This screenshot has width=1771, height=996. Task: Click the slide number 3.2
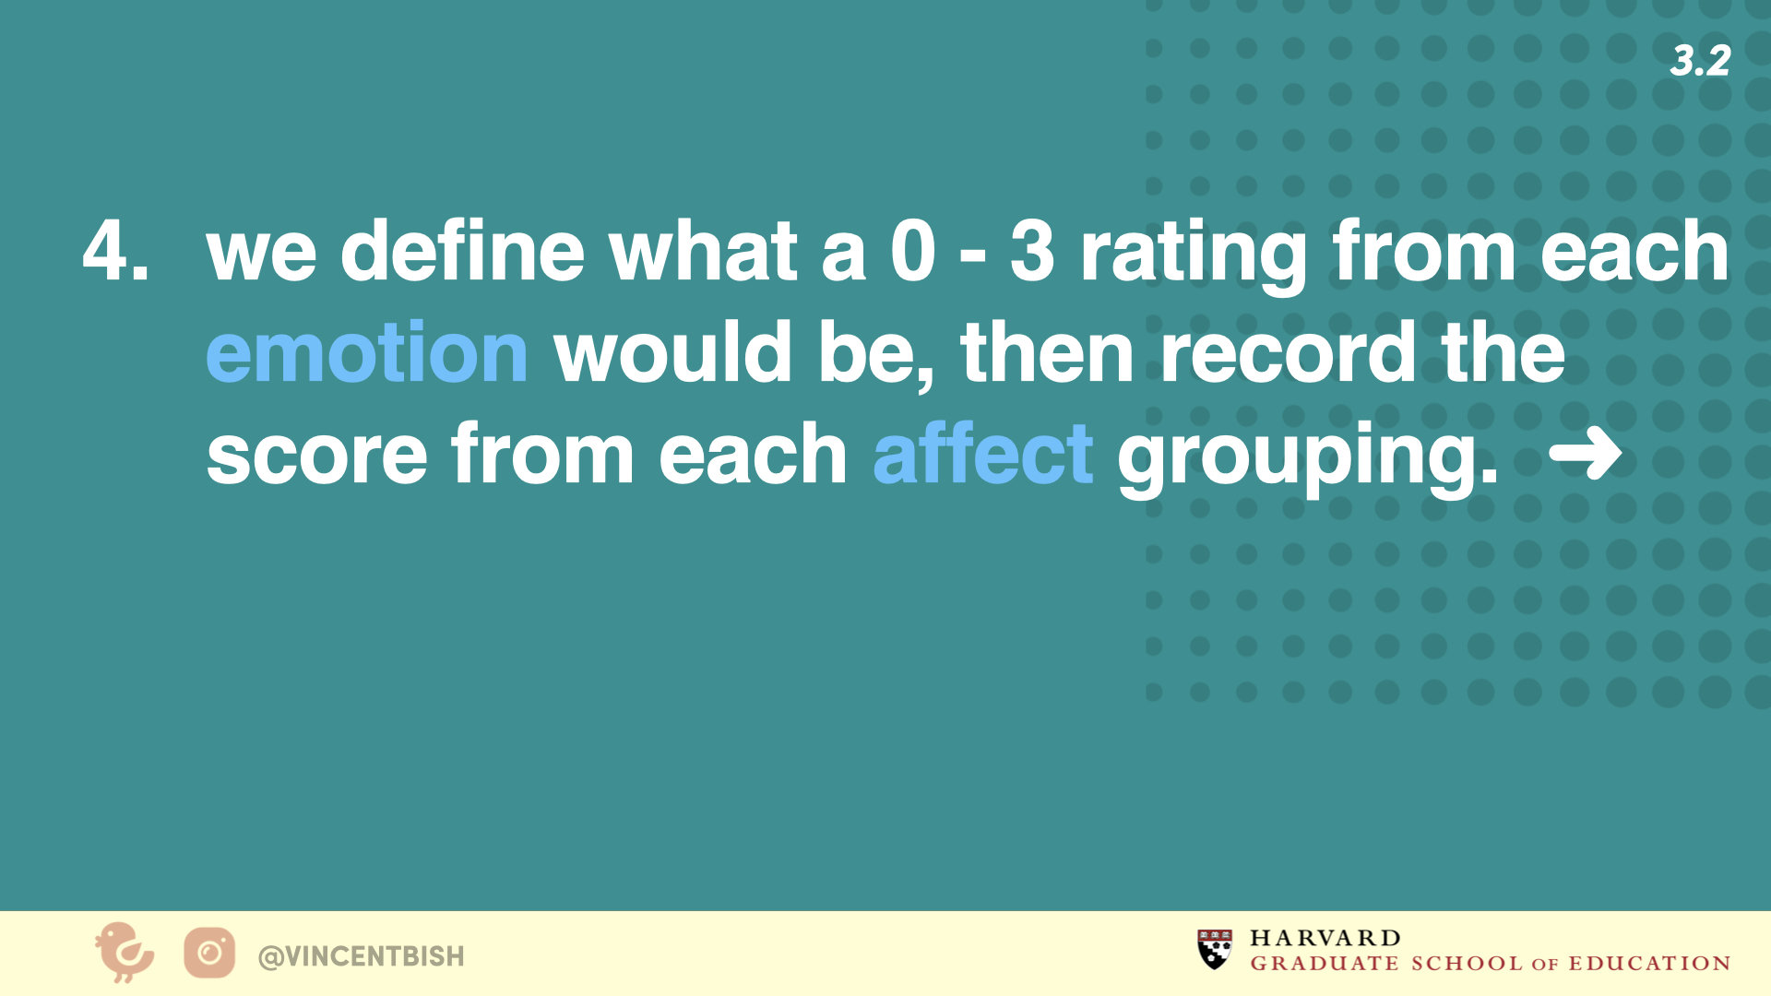point(1700,61)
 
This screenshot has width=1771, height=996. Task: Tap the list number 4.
point(115,250)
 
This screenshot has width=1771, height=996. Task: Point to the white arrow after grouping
point(1585,453)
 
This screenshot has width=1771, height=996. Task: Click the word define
point(462,250)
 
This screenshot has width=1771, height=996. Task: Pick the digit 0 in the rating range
point(913,250)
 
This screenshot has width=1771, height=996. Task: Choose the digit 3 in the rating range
point(1032,250)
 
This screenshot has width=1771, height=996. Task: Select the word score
point(316,454)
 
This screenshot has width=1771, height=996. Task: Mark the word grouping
point(1307,458)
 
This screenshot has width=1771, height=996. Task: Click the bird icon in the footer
point(125,953)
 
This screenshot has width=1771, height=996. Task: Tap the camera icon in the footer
point(209,954)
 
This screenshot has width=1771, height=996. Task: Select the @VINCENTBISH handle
point(362,956)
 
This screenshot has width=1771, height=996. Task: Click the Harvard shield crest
point(1215,950)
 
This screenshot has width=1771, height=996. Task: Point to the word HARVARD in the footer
point(1325,938)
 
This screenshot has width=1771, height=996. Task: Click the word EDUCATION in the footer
point(1649,963)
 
